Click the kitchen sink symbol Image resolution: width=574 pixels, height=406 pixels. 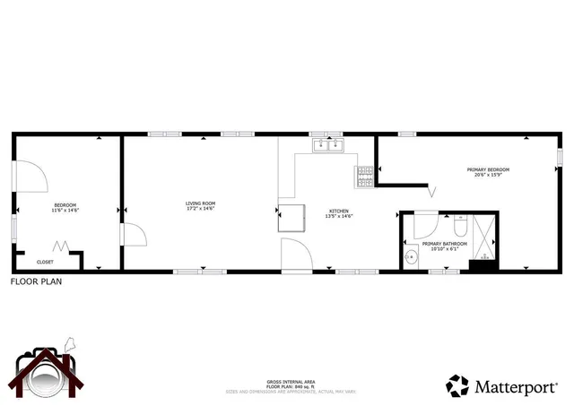(x=329, y=146)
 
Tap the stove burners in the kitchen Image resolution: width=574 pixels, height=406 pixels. (x=366, y=176)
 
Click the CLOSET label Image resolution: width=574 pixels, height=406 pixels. (x=45, y=262)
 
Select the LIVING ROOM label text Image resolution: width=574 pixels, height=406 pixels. (x=201, y=206)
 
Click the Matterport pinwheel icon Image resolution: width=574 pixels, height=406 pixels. (x=457, y=386)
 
